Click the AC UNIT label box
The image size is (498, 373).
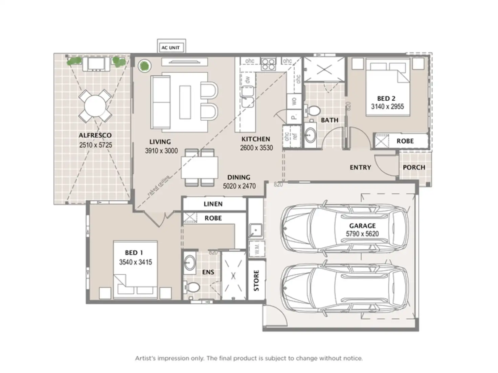click(171, 48)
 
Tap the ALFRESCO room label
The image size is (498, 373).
click(95, 135)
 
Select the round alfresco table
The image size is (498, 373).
click(95, 106)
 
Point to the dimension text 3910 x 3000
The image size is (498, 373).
click(161, 151)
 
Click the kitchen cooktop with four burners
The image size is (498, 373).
click(268, 64)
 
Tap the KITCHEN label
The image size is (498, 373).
click(256, 139)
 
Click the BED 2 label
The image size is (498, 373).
click(386, 99)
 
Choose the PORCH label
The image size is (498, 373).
click(414, 168)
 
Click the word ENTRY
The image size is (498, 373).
click(360, 168)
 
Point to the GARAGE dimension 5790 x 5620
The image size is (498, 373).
click(362, 234)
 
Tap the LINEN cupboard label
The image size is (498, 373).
click(213, 204)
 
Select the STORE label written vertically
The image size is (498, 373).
click(256, 280)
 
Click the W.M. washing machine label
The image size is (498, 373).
click(256, 248)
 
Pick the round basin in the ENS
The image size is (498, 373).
click(190, 262)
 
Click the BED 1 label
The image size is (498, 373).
click(134, 253)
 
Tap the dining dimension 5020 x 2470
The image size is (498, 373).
click(239, 186)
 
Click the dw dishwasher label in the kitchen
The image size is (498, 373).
click(248, 80)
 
